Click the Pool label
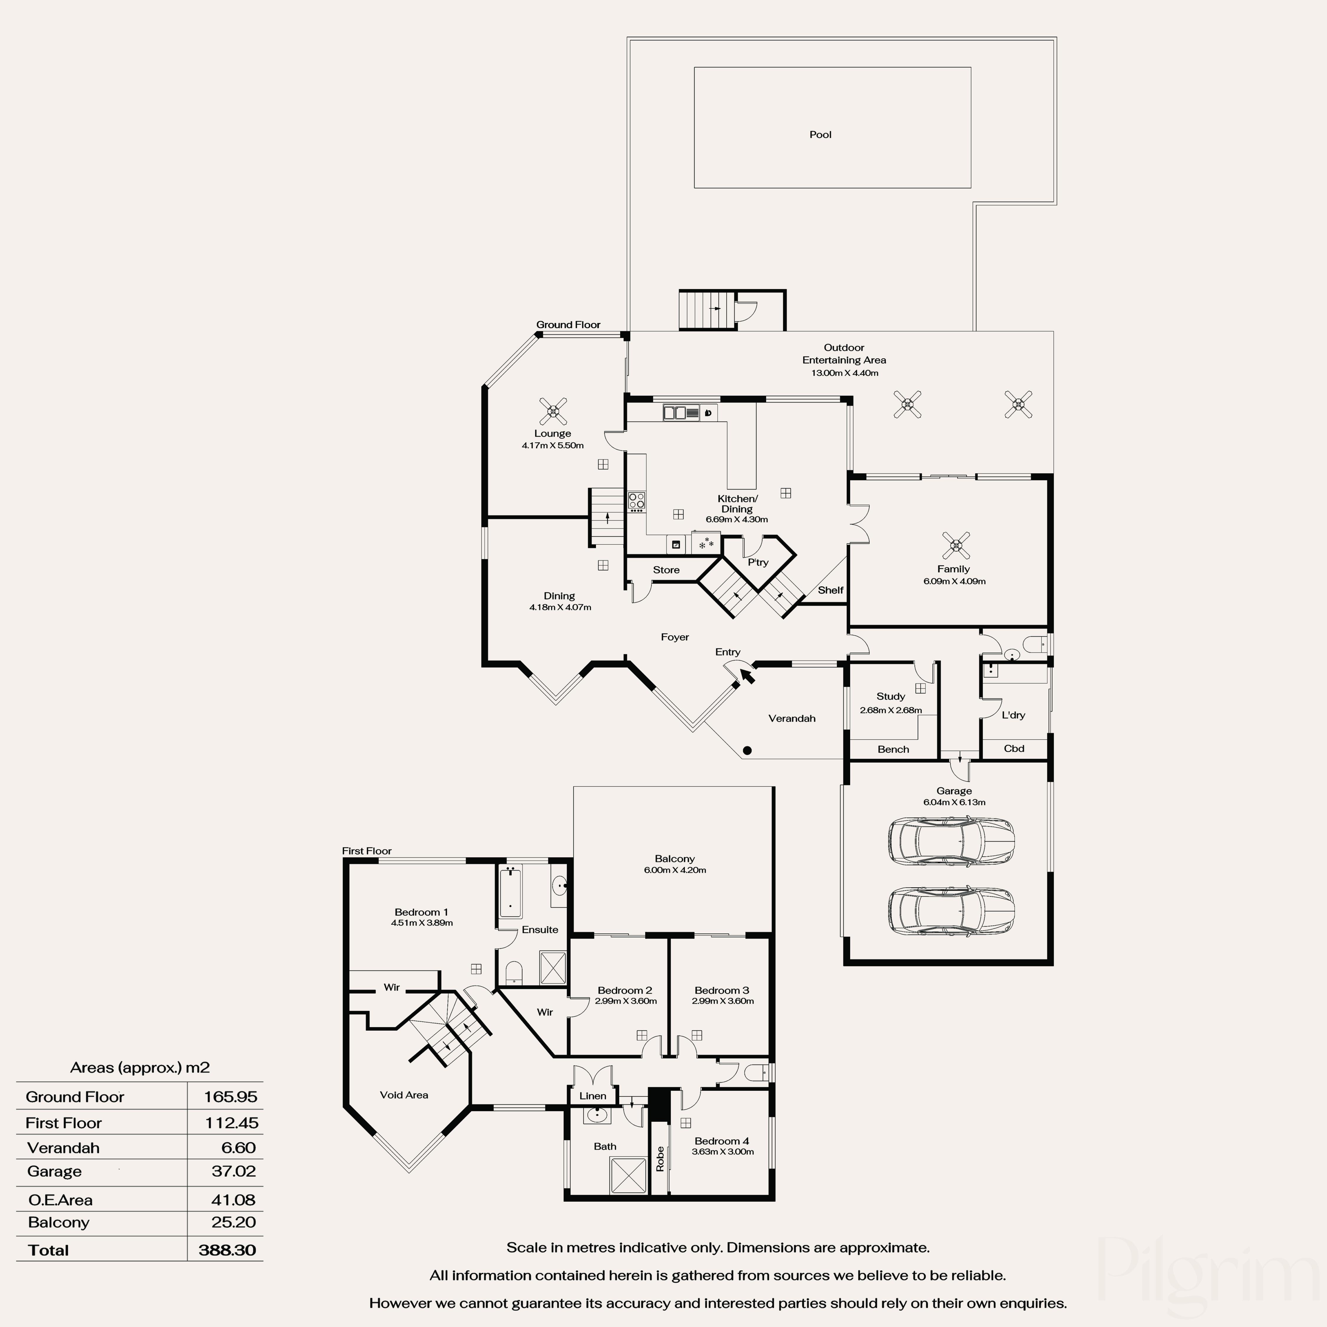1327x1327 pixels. [x=820, y=135]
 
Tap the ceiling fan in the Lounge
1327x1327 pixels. [x=553, y=411]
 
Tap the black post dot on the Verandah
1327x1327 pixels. [x=747, y=751]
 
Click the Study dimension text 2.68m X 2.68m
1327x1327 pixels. [x=891, y=710]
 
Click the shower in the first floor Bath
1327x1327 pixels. [x=628, y=1176]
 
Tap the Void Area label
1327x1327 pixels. [x=404, y=1095]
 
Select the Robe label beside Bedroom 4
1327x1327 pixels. [x=660, y=1159]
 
